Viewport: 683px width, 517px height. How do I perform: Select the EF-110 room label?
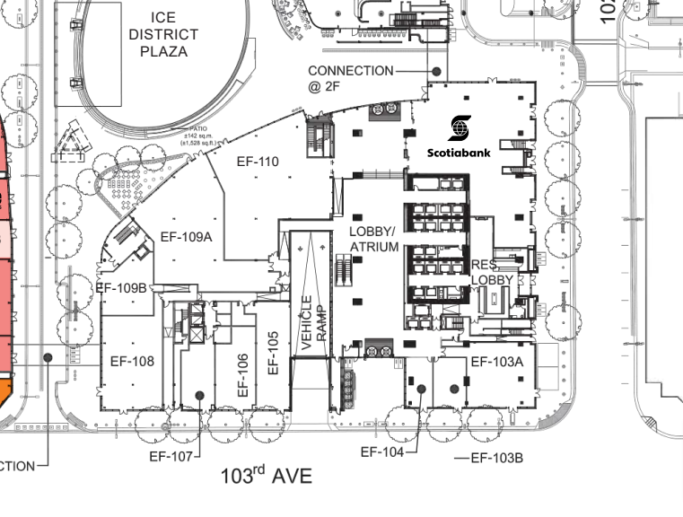[258, 162]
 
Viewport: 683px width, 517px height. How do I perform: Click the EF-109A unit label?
[186, 238]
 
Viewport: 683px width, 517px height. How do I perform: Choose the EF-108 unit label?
[132, 362]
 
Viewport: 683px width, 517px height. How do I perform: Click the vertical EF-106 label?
[242, 375]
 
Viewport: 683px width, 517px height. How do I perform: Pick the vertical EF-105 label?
[275, 354]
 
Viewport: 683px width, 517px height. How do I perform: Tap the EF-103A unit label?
[496, 362]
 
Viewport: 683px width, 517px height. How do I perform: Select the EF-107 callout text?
[171, 457]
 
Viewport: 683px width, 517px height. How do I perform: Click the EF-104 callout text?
[383, 451]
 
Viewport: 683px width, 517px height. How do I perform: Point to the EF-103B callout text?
[496, 459]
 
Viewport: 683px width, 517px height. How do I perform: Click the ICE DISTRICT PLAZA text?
[163, 34]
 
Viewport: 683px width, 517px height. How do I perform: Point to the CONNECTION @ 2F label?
[350, 79]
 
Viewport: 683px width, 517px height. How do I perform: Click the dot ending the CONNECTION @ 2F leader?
[436, 71]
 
